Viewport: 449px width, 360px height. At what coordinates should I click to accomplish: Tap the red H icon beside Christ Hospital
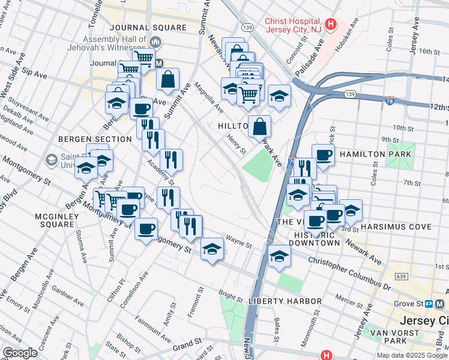coord(331,27)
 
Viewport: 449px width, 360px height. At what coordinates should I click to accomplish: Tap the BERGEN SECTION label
coord(95,139)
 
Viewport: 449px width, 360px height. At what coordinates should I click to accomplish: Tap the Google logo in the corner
coord(20,353)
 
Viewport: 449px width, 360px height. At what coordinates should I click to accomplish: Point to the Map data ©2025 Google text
coord(412,355)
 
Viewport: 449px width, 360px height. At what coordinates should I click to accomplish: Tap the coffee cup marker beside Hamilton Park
coord(323,155)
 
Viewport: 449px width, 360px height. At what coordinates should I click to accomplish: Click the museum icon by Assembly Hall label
coord(155,41)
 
